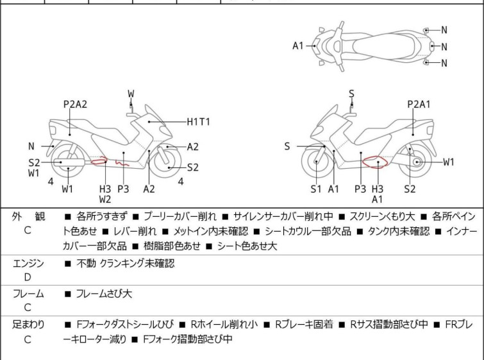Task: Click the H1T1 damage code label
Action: [x=199, y=122]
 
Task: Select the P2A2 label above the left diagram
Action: [x=75, y=104]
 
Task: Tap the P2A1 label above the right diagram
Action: [x=419, y=104]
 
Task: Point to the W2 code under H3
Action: [x=105, y=200]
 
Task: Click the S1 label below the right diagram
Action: [x=316, y=189]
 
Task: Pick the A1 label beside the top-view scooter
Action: [x=298, y=46]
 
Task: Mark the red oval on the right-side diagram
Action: [x=375, y=162]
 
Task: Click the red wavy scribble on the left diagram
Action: [x=122, y=163]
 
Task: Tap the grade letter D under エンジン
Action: [x=28, y=277]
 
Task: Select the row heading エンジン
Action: [x=28, y=263]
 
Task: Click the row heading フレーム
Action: [x=28, y=293]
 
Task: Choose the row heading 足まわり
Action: [x=28, y=324]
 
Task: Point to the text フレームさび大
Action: [x=104, y=293]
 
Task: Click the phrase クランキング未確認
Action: [x=137, y=263]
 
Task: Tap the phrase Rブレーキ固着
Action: [x=304, y=324]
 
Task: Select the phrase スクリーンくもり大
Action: [x=382, y=216]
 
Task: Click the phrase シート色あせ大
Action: [x=247, y=246]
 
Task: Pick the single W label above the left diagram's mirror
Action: [x=131, y=94]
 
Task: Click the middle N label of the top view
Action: [x=444, y=47]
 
